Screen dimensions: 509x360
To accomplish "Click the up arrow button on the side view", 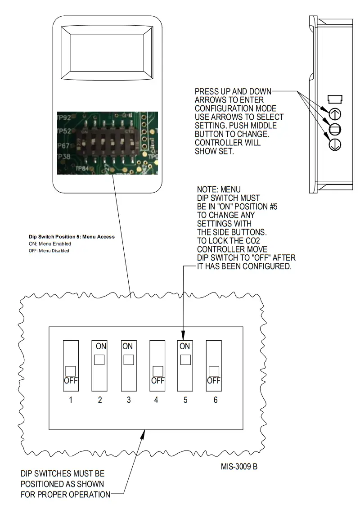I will point(336,113).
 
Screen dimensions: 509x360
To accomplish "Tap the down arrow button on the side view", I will point(336,144).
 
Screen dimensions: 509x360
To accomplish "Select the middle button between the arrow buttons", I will point(336,129).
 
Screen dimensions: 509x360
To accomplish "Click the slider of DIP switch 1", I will point(71,371).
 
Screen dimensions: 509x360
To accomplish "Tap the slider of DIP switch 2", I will point(99,360).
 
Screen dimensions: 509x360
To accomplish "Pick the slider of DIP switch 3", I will point(128,360).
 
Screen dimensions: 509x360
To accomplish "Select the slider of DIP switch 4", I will point(157,371).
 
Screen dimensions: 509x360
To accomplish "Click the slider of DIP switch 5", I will point(185,360).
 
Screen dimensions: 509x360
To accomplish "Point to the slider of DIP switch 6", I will point(214,371).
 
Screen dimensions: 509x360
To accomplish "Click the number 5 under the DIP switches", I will point(185,400).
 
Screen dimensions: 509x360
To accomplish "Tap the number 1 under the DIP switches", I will point(71,400).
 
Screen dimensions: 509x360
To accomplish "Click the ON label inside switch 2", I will point(100,347).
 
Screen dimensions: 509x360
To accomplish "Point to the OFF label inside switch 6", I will point(214,380).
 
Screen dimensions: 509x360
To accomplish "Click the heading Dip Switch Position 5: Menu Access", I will point(72,236).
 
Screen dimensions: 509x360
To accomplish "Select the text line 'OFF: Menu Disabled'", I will point(49,251).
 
